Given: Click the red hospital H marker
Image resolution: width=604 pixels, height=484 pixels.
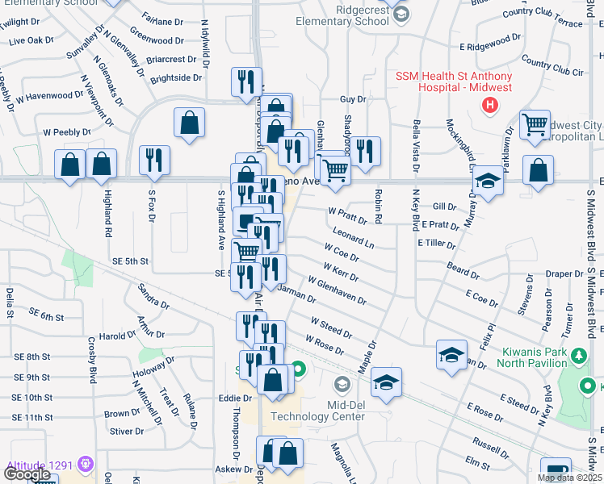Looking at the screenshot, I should pyautogui.click(x=489, y=105).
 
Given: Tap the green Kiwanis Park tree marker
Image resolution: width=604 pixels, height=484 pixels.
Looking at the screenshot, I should pyautogui.click(x=579, y=355).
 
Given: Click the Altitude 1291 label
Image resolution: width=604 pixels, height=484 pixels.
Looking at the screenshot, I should pyautogui.click(x=40, y=465).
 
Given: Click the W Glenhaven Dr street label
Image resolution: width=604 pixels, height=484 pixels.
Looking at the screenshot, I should pyautogui.click(x=337, y=290).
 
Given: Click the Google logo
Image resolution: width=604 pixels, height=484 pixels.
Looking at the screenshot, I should pyautogui.click(x=27, y=474).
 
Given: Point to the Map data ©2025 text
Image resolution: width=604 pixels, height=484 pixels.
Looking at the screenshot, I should pyautogui.click(x=568, y=478).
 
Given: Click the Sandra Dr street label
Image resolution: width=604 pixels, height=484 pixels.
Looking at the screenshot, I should pyautogui.click(x=153, y=296).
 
